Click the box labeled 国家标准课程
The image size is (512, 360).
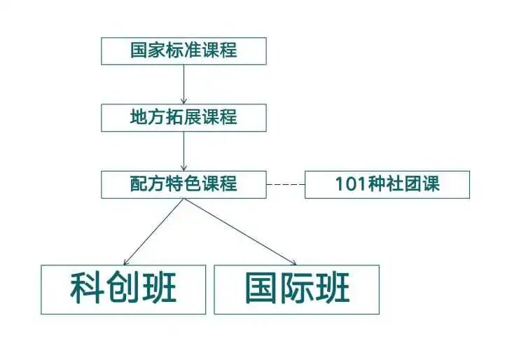pyautogui.click(x=184, y=51)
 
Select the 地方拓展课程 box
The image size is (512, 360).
pyautogui.click(x=184, y=118)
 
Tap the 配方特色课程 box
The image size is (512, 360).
pyautogui.click(x=184, y=184)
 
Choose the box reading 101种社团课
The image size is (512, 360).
pyautogui.click(x=387, y=184)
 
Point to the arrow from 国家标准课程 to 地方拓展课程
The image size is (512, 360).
pyautogui.click(x=184, y=84)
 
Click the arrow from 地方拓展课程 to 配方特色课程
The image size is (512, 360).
pyautogui.click(x=184, y=151)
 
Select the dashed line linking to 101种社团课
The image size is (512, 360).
pyautogui.click(x=286, y=184)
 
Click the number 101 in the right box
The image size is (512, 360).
pyautogui.click(x=350, y=184)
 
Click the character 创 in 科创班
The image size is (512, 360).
pyautogui.click(x=123, y=288)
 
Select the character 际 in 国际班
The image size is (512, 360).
pyautogui.click(x=296, y=288)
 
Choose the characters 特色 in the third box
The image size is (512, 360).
pyautogui.click(x=184, y=184)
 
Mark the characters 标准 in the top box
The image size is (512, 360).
pyautogui.click(x=184, y=51)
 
